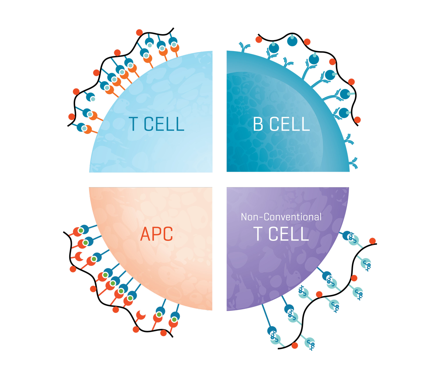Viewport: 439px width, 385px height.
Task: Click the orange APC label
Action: (x=157, y=234)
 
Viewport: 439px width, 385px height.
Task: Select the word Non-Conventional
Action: (x=281, y=217)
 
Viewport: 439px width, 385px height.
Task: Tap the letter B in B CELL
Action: (x=258, y=124)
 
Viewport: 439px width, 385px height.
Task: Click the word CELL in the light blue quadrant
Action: (x=164, y=124)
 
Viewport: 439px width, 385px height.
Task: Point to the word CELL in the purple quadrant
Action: (x=289, y=234)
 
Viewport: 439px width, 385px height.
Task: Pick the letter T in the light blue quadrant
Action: (x=133, y=124)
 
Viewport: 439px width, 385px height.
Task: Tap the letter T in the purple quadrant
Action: (x=258, y=234)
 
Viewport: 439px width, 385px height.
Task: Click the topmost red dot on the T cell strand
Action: (x=139, y=32)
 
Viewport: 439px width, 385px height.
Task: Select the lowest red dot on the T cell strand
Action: (x=72, y=117)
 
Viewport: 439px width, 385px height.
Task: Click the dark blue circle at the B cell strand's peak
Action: (x=292, y=41)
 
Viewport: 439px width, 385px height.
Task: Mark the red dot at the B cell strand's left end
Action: (x=259, y=39)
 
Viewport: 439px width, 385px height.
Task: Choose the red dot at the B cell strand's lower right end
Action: (x=357, y=120)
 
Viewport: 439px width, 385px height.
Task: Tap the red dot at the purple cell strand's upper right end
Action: (x=372, y=241)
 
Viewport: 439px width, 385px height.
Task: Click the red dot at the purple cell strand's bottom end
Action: (x=295, y=346)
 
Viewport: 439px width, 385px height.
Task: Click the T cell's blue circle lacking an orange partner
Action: (x=91, y=97)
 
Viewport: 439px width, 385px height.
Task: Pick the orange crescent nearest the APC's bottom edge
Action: (x=141, y=315)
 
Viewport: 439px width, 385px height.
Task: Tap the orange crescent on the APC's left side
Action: (x=79, y=256)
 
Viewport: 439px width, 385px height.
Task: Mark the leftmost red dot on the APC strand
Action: (x=73, y=269)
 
